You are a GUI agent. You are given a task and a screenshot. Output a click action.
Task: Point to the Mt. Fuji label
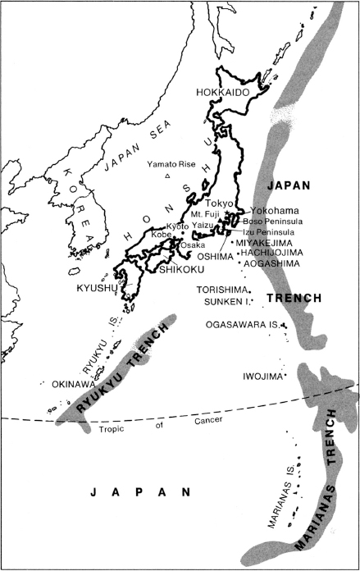(x=207, y=213)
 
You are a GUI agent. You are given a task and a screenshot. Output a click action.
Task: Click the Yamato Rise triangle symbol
(x=167, y=176)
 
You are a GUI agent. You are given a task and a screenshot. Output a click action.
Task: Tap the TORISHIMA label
(x=221, y=290)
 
